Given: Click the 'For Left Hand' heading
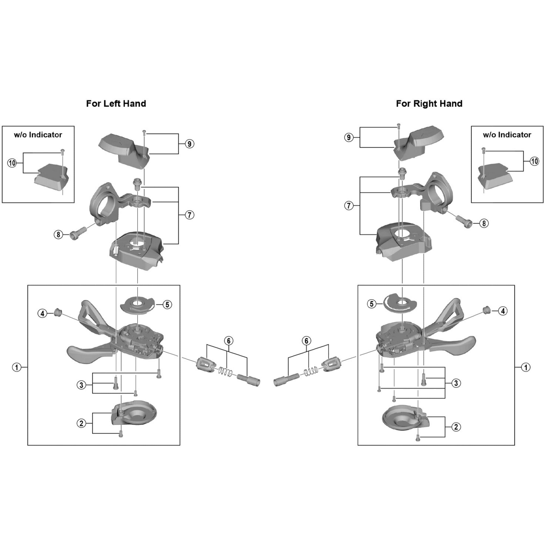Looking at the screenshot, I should click(116, 104).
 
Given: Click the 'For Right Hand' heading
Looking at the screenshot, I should click(429, 104).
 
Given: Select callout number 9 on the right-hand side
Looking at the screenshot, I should click(349, 137).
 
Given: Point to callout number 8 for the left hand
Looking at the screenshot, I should click(58, 234).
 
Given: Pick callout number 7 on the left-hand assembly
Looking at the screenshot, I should click(189, 215).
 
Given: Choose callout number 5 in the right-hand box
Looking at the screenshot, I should click(372, 304).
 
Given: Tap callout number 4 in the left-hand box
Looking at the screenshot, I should click(43, 313).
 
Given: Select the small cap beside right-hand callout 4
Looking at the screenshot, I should click(486, 310).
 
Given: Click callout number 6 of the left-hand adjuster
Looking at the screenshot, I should click(229, 341).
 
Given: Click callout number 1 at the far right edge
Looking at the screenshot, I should click(526, 367).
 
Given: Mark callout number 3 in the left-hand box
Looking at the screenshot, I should click(81, 385).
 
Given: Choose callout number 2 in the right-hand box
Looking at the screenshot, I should click(456, 427).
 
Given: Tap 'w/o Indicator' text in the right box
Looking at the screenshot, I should click(507, 135).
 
